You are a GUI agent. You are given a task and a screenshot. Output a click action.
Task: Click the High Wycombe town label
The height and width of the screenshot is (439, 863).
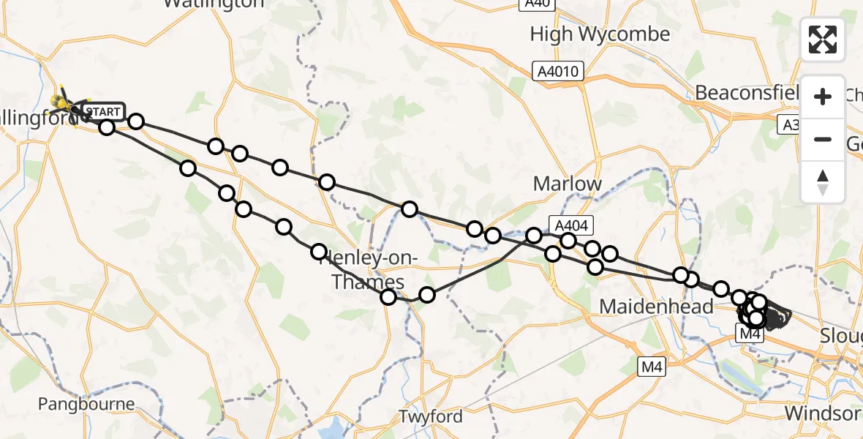(x=600, y=34)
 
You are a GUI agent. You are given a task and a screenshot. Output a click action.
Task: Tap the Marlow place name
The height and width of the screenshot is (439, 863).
(x=568, y=184)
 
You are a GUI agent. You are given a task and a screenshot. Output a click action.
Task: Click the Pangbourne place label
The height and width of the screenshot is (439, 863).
(x=86, y=404)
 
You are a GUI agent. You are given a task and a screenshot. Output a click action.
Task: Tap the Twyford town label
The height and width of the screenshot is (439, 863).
(x=431, y=416)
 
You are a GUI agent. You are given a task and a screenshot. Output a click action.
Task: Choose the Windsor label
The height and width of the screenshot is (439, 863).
(x=822, y=413)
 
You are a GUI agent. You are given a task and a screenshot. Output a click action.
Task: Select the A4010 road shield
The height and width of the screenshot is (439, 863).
(x=559, y=71)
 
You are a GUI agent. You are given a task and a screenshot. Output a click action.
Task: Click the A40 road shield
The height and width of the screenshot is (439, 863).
(x=536, y=4)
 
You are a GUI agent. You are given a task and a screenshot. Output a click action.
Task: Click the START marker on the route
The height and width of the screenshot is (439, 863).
(x=103, y=112)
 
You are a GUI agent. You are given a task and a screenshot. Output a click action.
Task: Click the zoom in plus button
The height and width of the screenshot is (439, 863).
(x=823, y=97)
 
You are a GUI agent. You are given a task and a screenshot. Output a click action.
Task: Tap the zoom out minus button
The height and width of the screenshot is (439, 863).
(x=823, y=139)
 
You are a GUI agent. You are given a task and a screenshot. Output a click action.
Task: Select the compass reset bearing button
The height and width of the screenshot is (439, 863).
(x=823, y=181)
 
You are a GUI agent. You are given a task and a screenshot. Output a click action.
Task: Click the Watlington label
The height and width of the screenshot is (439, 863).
(x=214, y=4)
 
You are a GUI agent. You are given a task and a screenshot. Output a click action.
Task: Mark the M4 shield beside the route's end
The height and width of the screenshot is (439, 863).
(x=750, y=334)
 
